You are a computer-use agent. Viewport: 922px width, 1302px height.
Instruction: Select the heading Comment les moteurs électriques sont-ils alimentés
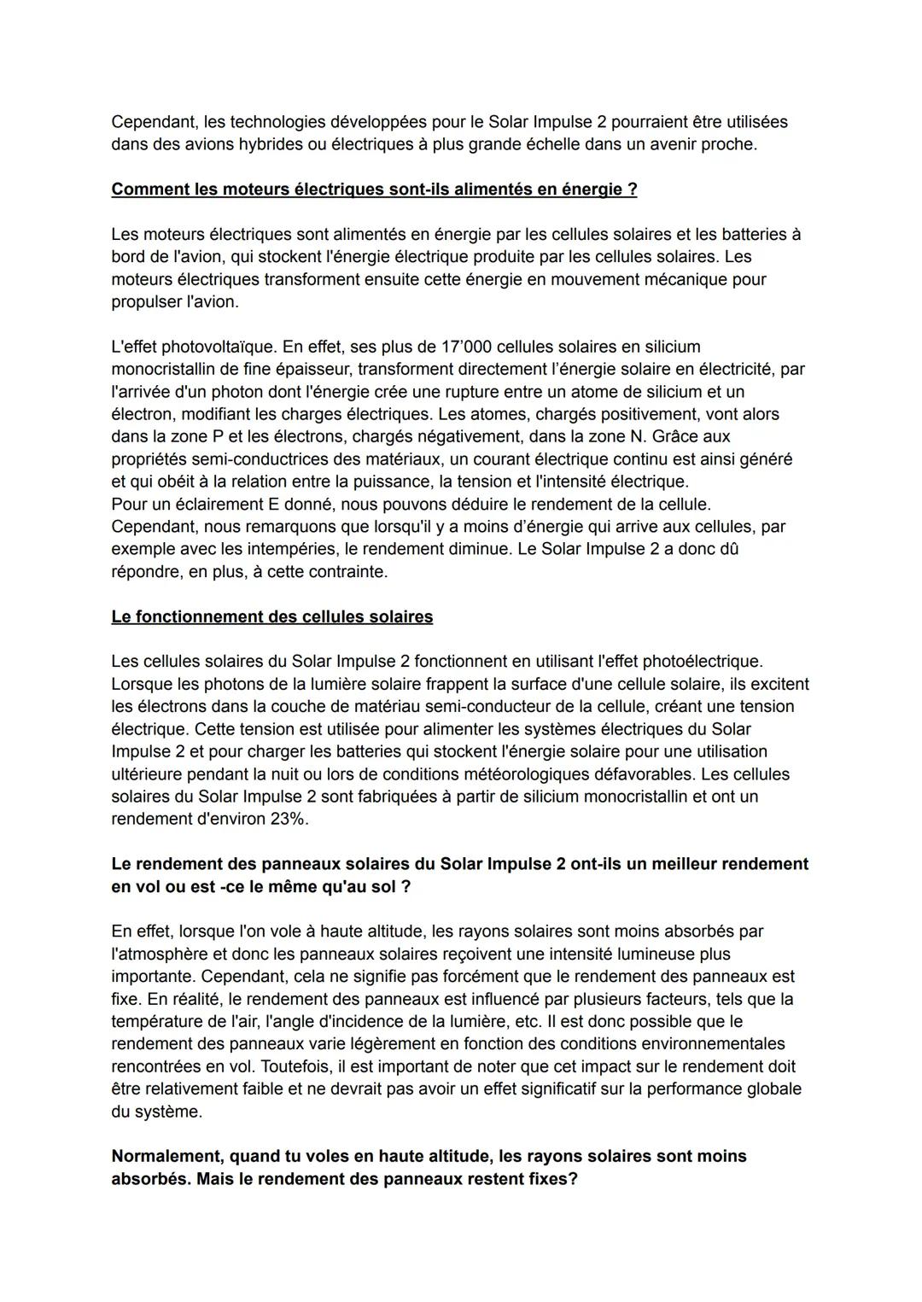click(374, 190)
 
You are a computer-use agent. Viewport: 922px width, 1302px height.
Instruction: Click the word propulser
click(146, 301)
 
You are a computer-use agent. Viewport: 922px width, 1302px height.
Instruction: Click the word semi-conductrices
click(250, 459)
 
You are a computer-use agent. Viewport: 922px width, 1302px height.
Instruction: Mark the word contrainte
click(342, 572)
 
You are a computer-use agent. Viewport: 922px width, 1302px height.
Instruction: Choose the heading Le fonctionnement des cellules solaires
click(271, 616)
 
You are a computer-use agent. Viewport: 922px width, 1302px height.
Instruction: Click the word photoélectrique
click(701, 662)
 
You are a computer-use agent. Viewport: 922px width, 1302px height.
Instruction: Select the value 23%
click(286, 819)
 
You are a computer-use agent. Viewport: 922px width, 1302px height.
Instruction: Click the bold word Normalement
click(166, 1156)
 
